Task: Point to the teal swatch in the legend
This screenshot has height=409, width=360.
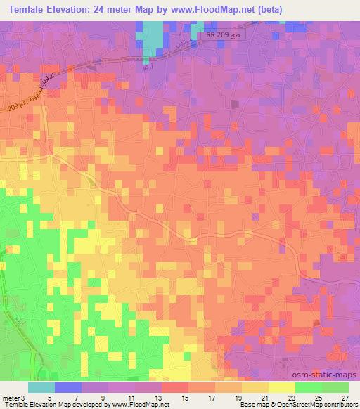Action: pyautogui.click(x=41, y=387)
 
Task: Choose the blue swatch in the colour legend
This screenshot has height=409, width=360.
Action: pyautogui.click(x=67, y=387)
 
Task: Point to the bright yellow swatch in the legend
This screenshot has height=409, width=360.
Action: pyautogui.click(x=281, y=387)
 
